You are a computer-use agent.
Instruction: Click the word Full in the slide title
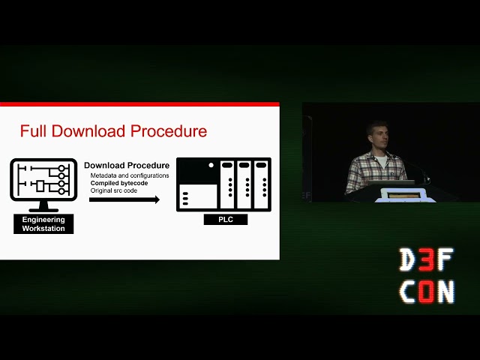[x=33, y=131]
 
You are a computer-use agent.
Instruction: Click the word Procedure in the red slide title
[x=168, y=131]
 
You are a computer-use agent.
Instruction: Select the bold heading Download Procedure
[x=126, y=165]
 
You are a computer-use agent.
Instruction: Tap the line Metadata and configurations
[x=130, y=175]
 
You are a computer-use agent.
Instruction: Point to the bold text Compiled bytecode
[x=119, y=183]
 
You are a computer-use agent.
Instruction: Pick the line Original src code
[x=114, y=190]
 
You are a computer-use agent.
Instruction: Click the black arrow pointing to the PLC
[x=124, y=199]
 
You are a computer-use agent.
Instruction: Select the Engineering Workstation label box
[x=43, y=223]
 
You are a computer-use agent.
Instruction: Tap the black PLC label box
[x=223, y=220]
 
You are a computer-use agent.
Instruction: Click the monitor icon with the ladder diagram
[x=43, y=180]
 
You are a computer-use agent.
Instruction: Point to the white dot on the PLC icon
[x=211, y=165]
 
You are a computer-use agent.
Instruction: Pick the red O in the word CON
[x=426, y=292]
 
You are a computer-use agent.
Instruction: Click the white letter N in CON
[x=445, y=292]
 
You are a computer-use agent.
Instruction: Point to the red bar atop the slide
[x=139, y=104]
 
